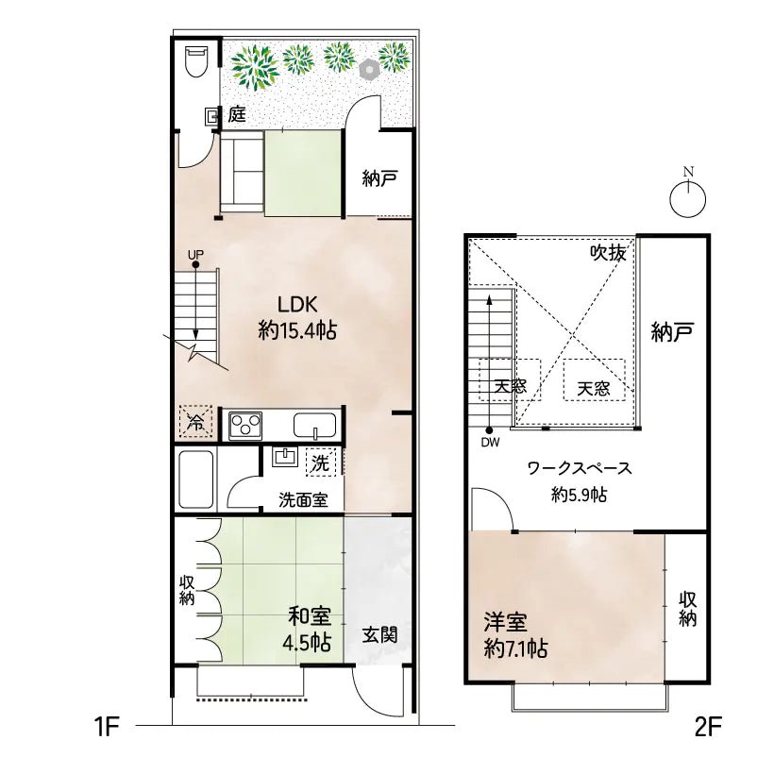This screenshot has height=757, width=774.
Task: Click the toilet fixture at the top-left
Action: [x=195, y=61]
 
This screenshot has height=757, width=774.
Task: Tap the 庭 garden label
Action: [x=236, y=115]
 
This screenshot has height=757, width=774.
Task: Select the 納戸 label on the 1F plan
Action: [x=379, y=178]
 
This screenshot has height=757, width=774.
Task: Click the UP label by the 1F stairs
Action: [x=194, y=255]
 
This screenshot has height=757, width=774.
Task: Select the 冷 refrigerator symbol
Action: [x=195, y=423]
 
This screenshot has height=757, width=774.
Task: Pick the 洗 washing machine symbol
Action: [x=321, y=463]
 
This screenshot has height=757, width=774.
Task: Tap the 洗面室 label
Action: [x=302, y=500]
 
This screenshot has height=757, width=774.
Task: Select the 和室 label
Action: [x=310, y=617]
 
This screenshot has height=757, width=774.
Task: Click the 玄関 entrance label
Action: [x=379, y=634]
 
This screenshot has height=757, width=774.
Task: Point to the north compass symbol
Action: [x=688, y=195]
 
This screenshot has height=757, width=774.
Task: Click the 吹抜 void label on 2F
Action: [x=608, y=252]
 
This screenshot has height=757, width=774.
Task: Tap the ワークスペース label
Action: [x=579, y=468]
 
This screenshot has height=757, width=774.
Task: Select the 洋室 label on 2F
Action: [x=506, y=623]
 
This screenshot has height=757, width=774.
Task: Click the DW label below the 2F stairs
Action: [x=490, y=442]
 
